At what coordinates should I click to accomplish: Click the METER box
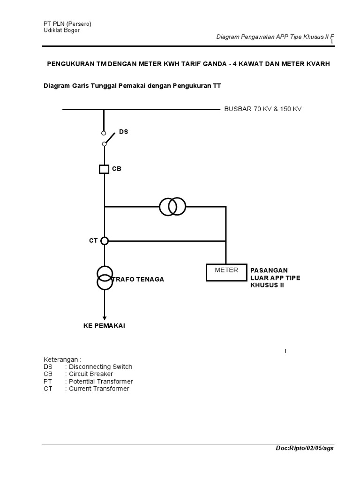coord(226,272)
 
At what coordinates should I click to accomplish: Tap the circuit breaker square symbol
coord(104,169)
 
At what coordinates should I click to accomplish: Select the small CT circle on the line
coord(105,240)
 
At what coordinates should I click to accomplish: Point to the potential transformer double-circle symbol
coord(172,206)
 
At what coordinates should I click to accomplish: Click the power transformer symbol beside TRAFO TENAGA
coord(105,277)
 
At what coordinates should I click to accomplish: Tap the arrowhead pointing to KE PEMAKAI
coord(104,317)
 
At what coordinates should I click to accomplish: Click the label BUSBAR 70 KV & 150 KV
coord(263,109)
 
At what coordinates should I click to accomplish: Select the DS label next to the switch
coord(123,132)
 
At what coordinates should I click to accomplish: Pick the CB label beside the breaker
coord(116,169)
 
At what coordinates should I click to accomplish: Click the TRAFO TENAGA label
coord(138,279)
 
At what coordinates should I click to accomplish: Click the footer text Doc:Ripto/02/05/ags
coord(305,448)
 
